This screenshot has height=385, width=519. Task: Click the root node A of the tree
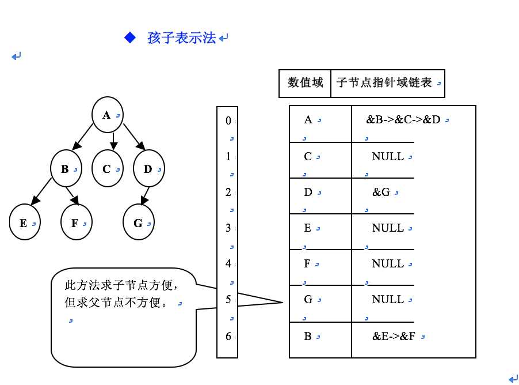[x=108, y=115]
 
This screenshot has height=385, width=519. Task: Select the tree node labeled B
[x=66, y=169]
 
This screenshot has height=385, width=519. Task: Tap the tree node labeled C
[x=108, y=169]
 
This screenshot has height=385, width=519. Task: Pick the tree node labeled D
[x=149, y=169]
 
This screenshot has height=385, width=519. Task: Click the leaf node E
[x=25, y=223]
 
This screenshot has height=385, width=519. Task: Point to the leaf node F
[x=76, y=223]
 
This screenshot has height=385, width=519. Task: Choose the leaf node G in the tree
[x=139, y=223]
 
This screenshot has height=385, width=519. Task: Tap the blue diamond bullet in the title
[x=130, y=38]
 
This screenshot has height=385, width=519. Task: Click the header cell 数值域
[x=305, y=83]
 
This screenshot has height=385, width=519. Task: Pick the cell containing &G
[x=381, y=192]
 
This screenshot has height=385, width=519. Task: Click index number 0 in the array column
[x=228, y=120]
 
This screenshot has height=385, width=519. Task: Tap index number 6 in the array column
[x=228, y=336]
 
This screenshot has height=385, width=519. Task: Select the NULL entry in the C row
[x=388, y=157]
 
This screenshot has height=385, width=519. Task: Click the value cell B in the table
[x=308, y=337]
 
